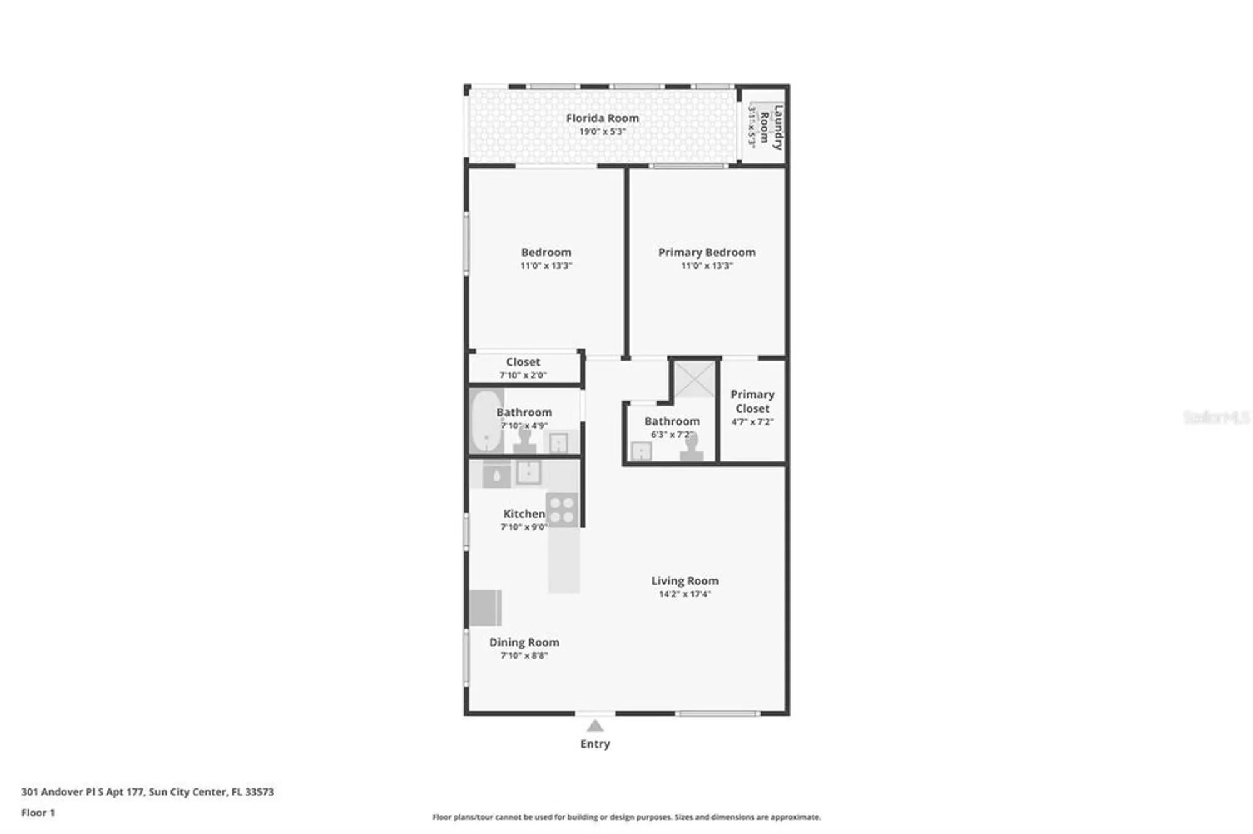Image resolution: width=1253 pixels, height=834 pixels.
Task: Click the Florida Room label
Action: (602, 118)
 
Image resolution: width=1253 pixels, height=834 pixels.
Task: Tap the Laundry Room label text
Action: (771, 127)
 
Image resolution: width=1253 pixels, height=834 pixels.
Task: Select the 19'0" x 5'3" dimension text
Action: (602, 131)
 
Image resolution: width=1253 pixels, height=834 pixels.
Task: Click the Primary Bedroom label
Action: (706, 252)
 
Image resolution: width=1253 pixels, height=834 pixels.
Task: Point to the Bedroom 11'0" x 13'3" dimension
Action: (546, 265)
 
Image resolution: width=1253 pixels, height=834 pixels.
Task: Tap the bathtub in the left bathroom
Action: (486, 421)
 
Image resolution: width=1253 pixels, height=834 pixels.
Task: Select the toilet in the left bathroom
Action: (524, 440)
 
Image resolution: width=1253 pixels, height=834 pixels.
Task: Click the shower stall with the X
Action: (694, 379)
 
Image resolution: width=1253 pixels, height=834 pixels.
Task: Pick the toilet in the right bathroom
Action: (691, 448)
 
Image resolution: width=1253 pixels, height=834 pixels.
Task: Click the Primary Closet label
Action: (752, 401)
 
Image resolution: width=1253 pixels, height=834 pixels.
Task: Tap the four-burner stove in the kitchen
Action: (561, 510)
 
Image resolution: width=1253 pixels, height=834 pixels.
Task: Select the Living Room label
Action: (684, 581)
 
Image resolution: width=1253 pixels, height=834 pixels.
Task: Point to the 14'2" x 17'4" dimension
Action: (684, 594)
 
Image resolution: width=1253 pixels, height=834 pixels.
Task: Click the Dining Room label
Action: (524, 642)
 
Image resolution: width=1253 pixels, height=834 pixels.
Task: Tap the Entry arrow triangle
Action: (595, 726)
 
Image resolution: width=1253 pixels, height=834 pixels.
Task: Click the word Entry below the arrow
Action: (595, 744)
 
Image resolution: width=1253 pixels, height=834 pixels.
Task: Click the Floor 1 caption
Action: (38, 813)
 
